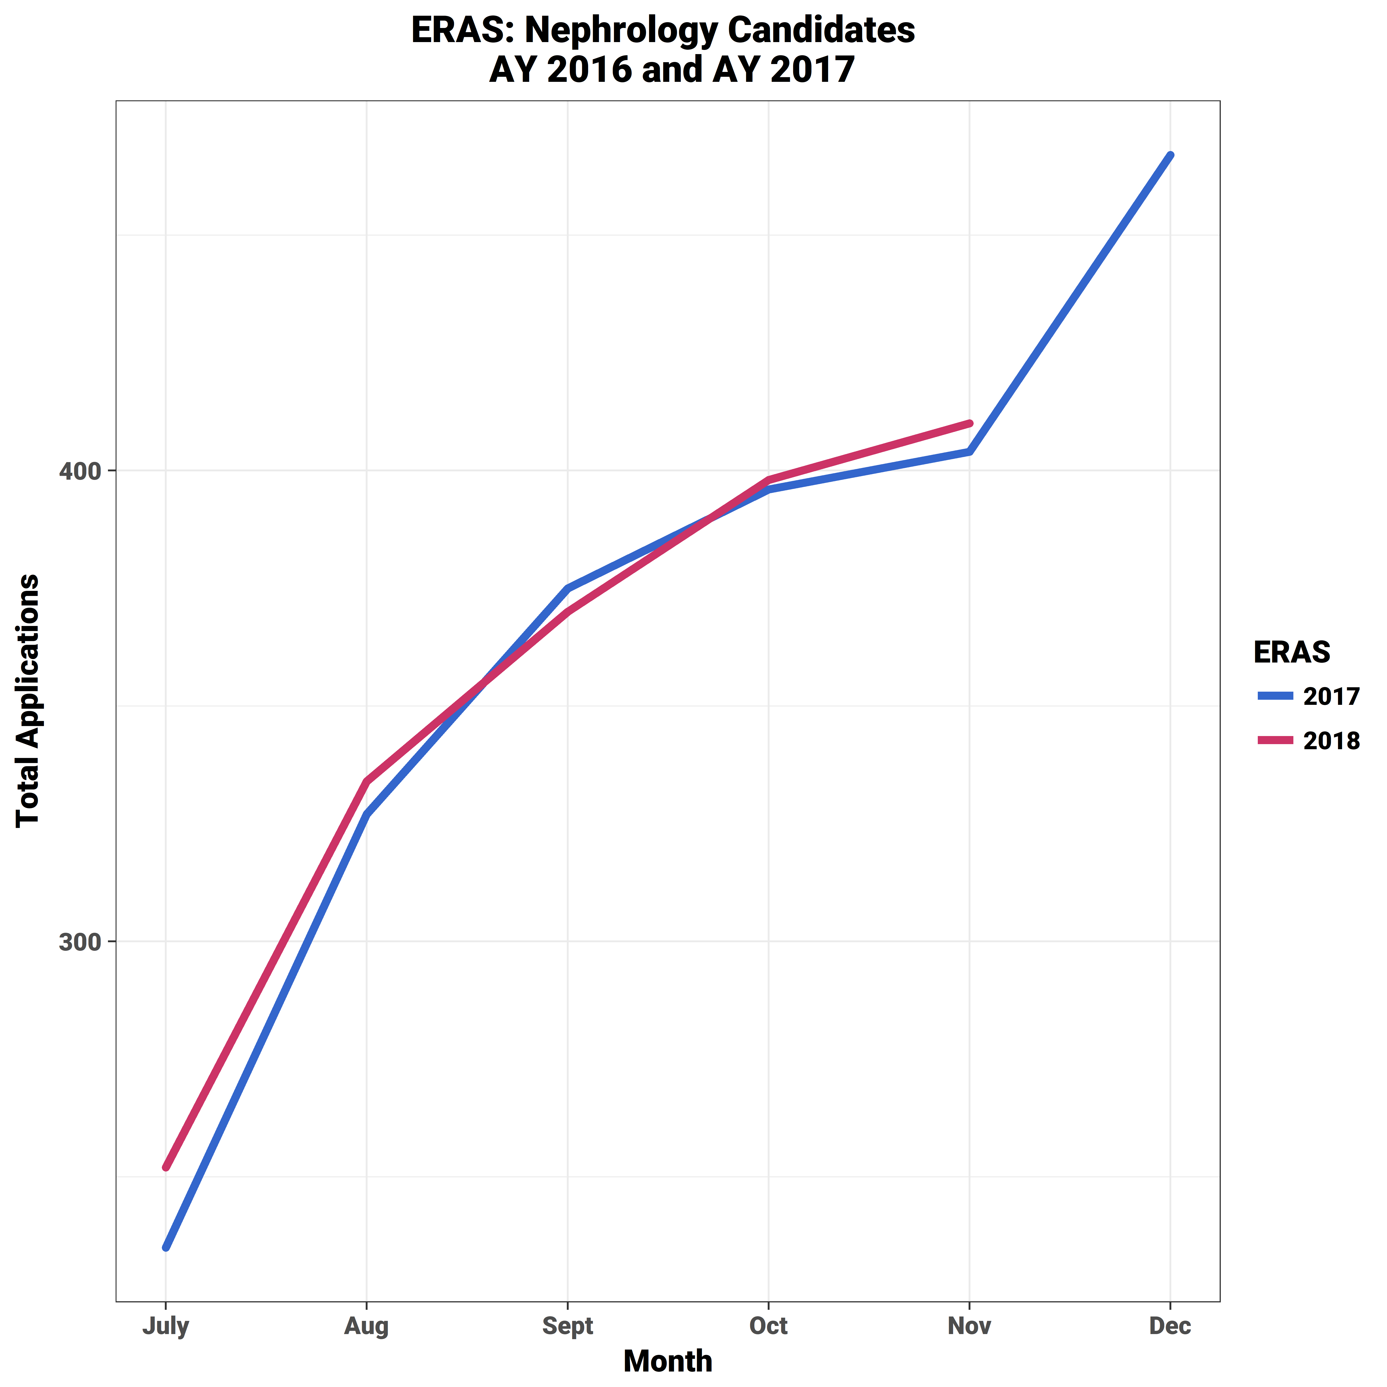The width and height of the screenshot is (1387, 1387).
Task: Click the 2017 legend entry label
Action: [x=1332, y=696]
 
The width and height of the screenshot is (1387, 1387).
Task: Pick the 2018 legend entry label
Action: [x=1332, y=740]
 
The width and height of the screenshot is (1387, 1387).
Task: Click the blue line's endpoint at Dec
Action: [x=1170, y=155]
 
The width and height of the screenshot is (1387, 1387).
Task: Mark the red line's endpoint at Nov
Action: [x=970, y=423]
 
